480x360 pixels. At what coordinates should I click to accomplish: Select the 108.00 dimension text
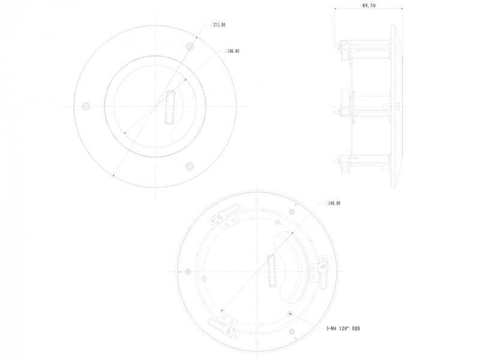232,52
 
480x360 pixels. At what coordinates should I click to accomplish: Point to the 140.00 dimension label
333,203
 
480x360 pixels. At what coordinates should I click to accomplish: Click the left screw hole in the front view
86,106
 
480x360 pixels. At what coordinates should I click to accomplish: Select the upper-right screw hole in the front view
190,46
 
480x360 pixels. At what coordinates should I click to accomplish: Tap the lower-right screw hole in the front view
190,166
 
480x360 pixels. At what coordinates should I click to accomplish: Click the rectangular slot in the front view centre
169,107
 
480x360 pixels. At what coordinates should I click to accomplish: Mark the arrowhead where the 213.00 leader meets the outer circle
114,175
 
